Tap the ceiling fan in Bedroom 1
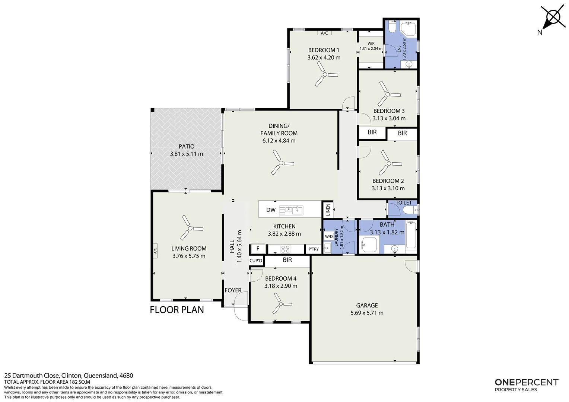[325, 74]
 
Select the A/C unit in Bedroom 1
[324, 33]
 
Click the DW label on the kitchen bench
[271, 210]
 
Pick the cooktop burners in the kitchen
[285, 249]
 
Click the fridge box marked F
[258, 249]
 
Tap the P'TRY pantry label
[314, 249]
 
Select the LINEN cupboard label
[328, 210]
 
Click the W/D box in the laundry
[329, 236]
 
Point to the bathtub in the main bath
[411, 235]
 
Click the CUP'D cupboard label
[256, 261]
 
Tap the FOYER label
[233, 290]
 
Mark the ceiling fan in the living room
[190, 228]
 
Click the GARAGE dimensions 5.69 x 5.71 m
[367, 313]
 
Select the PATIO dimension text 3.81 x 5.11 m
[187, 154]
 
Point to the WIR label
[371, 44]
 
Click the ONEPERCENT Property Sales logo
[526, 385]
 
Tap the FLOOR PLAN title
[177, 310]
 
